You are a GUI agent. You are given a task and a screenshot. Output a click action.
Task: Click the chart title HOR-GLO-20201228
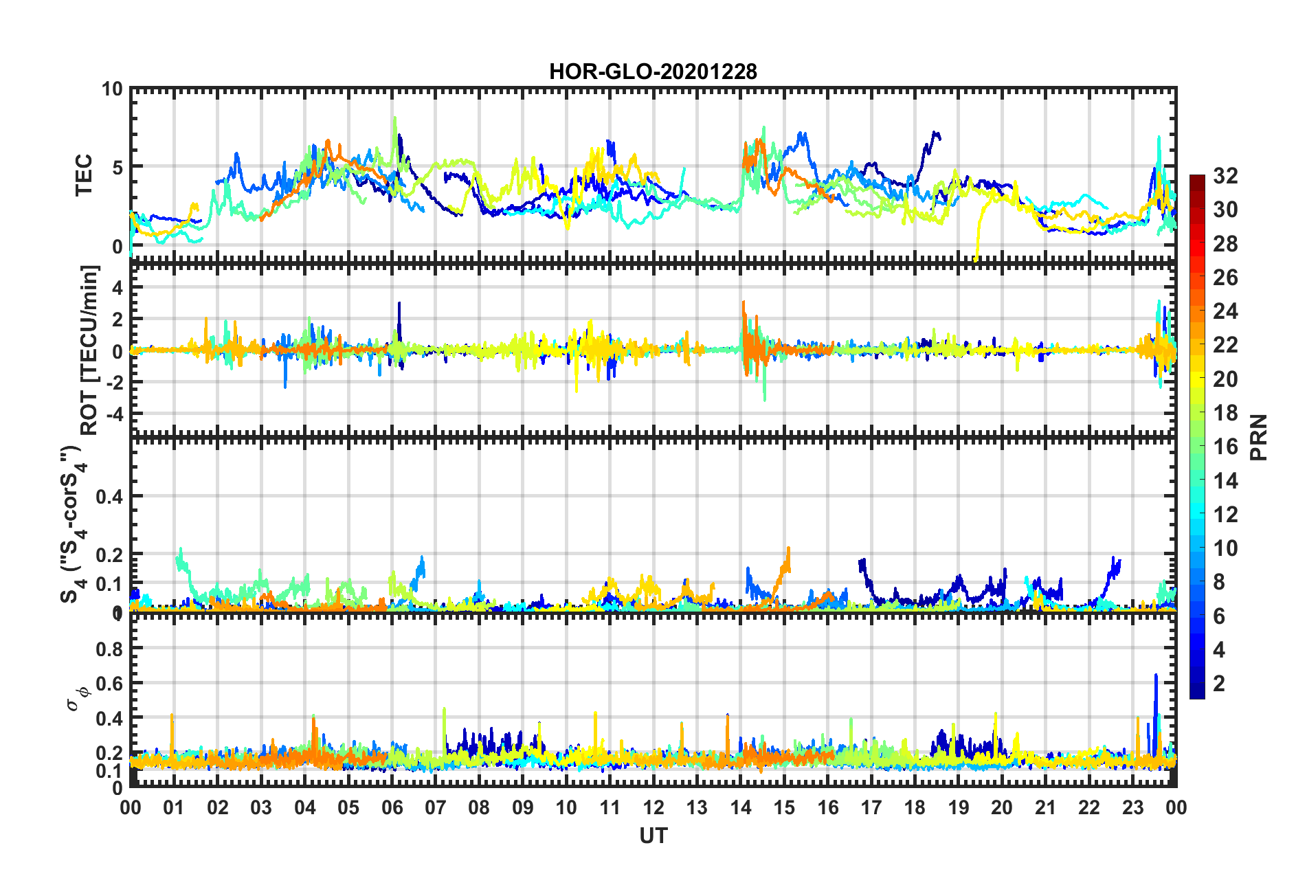653,71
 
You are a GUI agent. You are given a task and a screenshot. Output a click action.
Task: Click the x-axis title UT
653,836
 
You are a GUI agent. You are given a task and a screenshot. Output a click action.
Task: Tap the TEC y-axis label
83,175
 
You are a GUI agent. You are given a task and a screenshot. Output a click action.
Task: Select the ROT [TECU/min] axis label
89,350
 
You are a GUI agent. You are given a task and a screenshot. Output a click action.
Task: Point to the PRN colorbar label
1259,437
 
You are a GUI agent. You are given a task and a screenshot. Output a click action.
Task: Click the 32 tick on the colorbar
1225,176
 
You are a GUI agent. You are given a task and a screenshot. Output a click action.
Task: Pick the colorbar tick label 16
1225,447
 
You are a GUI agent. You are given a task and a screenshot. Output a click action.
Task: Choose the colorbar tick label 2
1219,683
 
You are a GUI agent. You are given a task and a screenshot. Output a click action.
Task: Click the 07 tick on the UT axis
436,807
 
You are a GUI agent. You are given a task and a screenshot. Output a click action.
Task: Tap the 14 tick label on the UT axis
740,807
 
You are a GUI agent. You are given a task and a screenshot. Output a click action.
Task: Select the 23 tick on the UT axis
1132,807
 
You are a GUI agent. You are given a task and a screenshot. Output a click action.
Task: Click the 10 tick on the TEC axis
111,89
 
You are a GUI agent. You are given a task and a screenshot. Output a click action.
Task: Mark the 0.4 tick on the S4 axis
109,496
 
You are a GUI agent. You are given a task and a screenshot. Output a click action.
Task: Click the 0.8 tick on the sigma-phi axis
109,649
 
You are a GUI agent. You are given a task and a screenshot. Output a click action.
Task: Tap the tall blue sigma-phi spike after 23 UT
1156,677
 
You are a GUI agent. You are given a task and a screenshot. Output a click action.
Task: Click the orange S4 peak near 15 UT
788,550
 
